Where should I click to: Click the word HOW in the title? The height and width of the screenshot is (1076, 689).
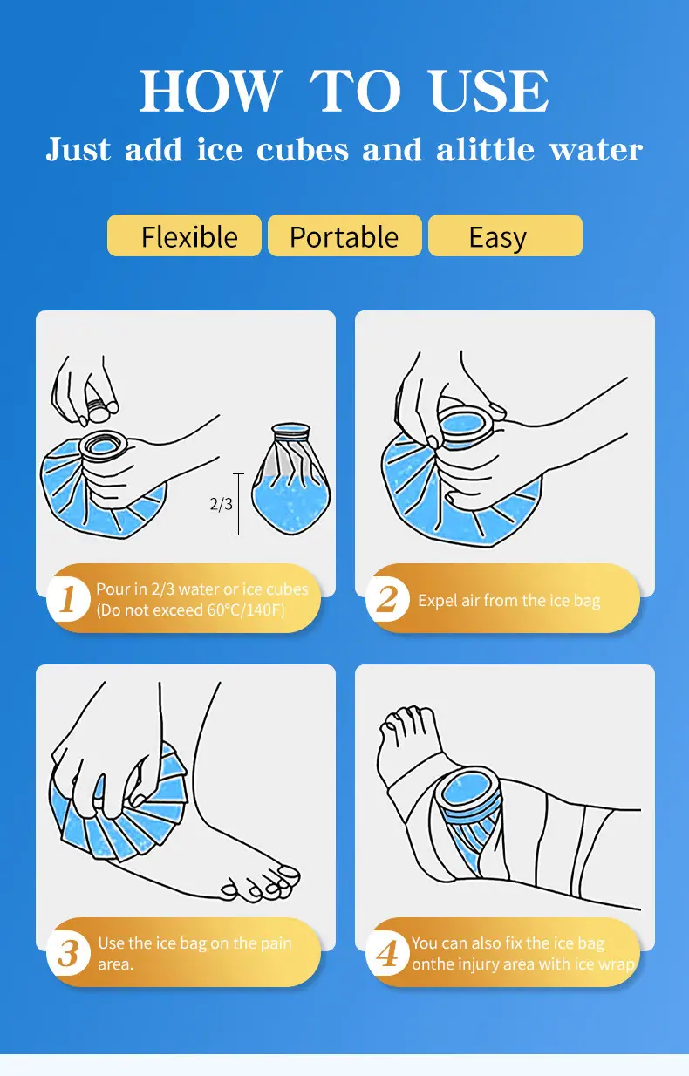pos(210,91)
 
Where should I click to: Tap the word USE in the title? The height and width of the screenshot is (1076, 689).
pos(489,91)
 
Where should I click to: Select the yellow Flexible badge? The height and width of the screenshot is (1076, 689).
pos(184,235)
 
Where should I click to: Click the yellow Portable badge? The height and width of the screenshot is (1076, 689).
pos(344,235)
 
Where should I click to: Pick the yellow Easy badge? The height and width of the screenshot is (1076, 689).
pos(505,235)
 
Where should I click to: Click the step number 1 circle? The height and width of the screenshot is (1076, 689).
pos(68,599)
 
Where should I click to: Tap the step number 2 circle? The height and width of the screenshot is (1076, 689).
pos(387,599)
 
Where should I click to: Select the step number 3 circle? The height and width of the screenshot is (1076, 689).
pos(68,954)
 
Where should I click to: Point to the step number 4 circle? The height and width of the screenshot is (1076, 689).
pos(387,954)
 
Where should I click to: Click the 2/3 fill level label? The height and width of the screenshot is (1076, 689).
pos(221,504)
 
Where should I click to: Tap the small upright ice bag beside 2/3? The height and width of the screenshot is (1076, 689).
pos(291,479)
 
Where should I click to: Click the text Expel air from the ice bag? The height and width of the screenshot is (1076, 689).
pos(508,601)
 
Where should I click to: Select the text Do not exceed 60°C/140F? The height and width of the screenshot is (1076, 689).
pos(190,610)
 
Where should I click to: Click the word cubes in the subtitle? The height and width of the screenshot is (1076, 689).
pos(303,149)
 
